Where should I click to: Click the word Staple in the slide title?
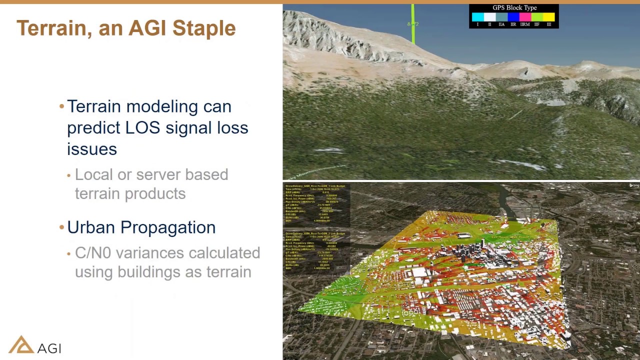pos(203,28)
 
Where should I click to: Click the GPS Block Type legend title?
pos(514,8)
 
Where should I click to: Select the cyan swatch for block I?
pos(477,17)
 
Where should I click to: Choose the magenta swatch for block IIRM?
pos(525,17)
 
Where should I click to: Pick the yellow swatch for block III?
pos(548,17)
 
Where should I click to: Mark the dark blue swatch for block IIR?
pos(513,17)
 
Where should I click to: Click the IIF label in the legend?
pos(536,24)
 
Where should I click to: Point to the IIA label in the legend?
pos(501,24)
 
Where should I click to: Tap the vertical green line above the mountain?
pos(412,25)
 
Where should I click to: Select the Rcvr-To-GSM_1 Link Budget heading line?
pos(315,186)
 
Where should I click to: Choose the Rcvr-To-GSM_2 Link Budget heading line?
pos(315,233)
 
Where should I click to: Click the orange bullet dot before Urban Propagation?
pos(62,227)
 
